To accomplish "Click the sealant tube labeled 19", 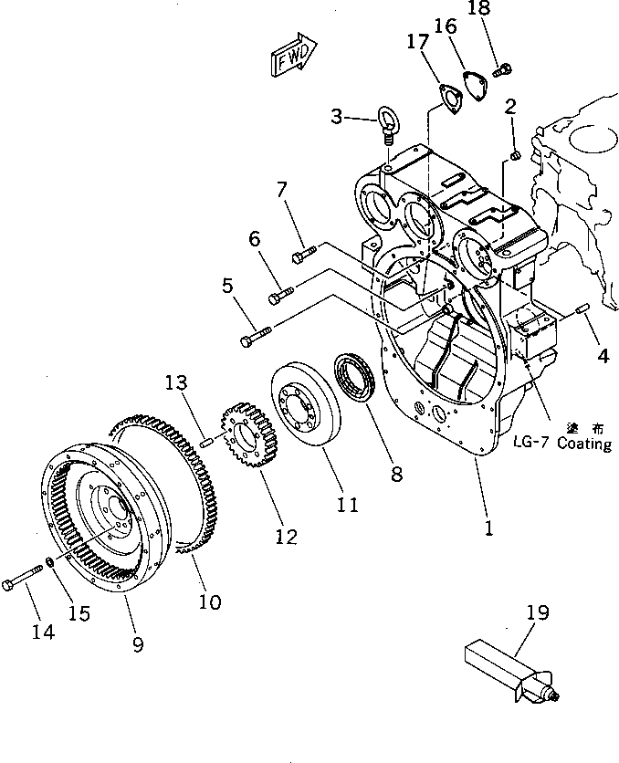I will pyautogui.click(x=509, y=665).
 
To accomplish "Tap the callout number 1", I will pyautogui.click(x=489, y=528).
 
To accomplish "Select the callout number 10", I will pyautogui.click(x=210, y=601).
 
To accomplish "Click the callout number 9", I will pyautogui.click(x=138, y=644).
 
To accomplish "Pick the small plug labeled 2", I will pyautogui.click(x=513, y=156).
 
